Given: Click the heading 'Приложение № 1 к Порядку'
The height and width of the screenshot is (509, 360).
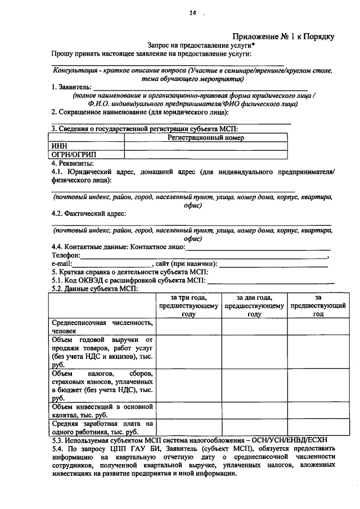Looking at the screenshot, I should [x=283, y=37].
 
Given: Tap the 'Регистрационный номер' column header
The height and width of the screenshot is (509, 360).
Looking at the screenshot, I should [x=205, y=137].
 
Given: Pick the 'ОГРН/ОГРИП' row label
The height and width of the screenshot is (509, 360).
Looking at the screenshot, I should [x=74, y=154].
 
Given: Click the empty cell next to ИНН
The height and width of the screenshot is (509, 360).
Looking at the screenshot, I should [x=205, y=146].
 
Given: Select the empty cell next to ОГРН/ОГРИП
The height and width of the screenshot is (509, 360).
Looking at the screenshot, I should [x=205, y=154].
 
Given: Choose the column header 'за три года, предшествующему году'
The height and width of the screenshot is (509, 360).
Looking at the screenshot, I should [x=188, y=306].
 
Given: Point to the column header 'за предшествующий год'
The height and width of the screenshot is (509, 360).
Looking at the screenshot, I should [x=318, y=306].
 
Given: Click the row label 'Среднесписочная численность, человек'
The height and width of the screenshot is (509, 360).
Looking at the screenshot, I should [x=102, y=327].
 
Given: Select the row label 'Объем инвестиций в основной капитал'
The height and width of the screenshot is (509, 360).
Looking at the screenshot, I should [x=102, y=410].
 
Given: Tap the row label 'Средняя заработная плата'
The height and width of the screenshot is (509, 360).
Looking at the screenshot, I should [x=102, y=427].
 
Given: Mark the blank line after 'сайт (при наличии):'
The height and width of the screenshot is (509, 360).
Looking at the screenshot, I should [x=273, y=264].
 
